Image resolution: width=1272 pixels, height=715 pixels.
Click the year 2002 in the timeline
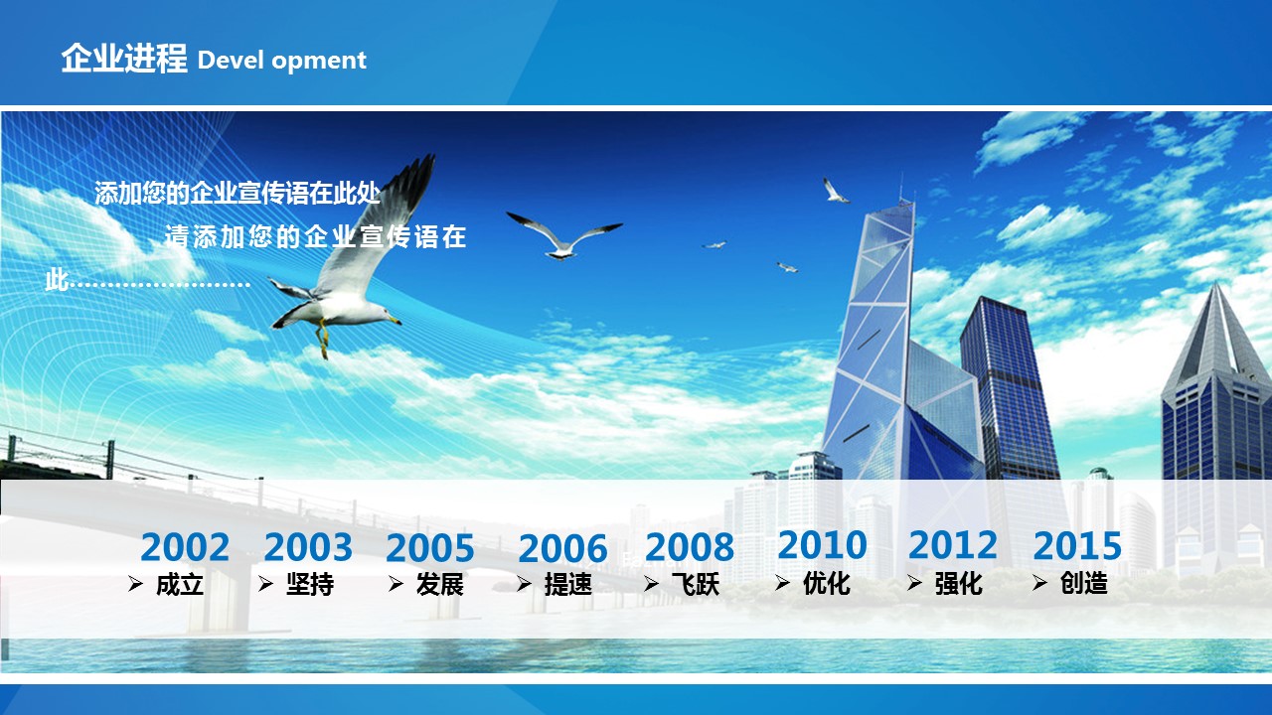click(185, 547)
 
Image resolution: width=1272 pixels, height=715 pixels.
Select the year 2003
click(308, 547)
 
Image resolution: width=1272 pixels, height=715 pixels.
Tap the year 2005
click(430, 548)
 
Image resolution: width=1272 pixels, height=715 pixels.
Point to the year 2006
click(562, 549)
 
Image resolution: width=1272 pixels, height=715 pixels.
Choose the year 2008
click(690, 547)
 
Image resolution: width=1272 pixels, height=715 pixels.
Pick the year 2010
click(822, 545)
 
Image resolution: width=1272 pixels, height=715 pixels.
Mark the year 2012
click(953, 545)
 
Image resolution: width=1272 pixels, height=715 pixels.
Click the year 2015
click(1077, 545)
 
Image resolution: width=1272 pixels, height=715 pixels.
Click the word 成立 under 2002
click(180, 585)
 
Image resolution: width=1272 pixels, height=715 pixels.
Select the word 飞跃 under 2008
click(696, 585)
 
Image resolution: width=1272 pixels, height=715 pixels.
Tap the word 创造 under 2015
click(1083, 583)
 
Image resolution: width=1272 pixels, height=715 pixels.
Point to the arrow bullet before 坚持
click(265, 583)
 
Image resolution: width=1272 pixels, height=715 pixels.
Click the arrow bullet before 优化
click(782, 582)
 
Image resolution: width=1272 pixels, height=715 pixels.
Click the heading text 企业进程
click(124, 58)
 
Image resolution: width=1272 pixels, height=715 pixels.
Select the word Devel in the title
click(229, 60)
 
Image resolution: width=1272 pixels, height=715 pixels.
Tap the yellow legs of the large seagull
click(323, 339)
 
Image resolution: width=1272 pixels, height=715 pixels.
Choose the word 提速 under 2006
click(568, 585)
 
